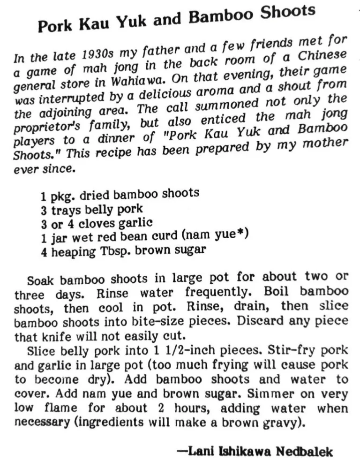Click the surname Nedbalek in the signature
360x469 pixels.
pyautogui.click(x=304, y=452)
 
